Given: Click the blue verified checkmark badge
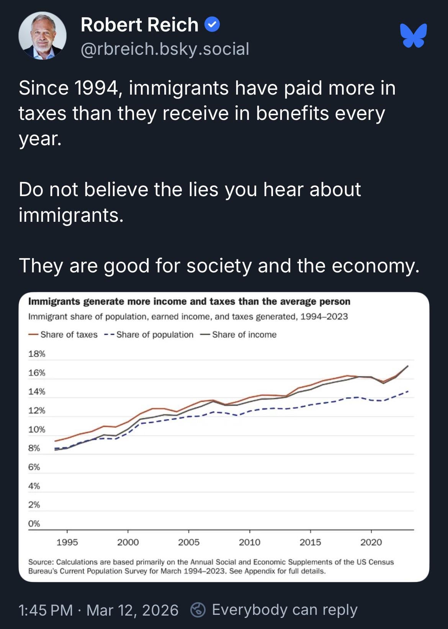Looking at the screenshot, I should [x=212, y=25].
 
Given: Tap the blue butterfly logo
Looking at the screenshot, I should [x=414, y=35].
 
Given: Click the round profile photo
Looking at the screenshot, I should [x=43, y=36].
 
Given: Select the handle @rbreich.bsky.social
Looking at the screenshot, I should [x=165, y=49].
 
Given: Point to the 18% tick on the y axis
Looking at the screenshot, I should [x=37, y=354].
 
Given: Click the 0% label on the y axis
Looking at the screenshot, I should [x=34, y=524].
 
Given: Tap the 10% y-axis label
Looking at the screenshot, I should [x=37, y=429].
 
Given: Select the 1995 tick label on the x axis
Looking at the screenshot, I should [x=67, y=542].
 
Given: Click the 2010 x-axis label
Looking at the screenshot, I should [x=249, y=542].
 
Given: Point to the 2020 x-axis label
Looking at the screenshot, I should [x=371, y=542].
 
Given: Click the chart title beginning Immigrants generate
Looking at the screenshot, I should [x=189, y=301].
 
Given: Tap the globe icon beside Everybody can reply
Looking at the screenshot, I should [x=198, y=610].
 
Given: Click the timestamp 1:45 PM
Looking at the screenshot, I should [x=46, y=610].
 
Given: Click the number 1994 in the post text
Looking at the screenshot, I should [x=96, y=88].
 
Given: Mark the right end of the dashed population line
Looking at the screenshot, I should [x=408, y=391].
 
